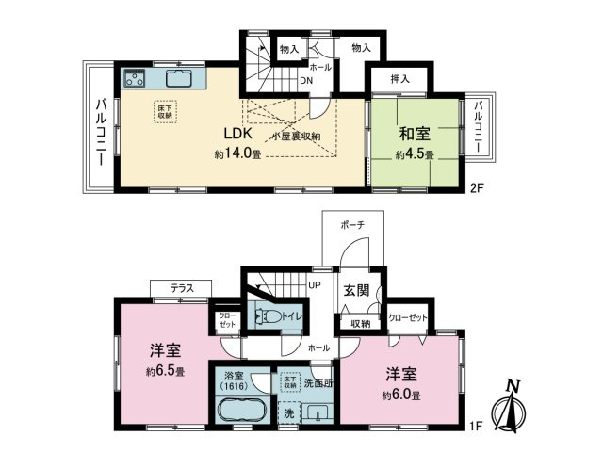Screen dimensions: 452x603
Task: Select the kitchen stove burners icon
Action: pyautogui.click(x=135, y=79)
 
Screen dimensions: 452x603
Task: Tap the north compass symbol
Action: pyautogui.click(x=513, y=405)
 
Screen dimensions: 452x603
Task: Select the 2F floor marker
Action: pyautogui.click(x=479, y=187)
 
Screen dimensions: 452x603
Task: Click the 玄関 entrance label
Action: pyautogui.click(x=356, y=291)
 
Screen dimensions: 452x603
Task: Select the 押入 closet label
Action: pyautogui.click(x=399, y=80)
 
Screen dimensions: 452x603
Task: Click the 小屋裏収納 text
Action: pyautogui.click(x=297, y=137)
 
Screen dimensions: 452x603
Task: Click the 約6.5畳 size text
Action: pyautogui.click(x=165, y=371)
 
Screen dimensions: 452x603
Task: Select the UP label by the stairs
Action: pyautogui.click(x=315, y=284)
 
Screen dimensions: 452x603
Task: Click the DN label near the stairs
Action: pyautogui.click(x=306, y=80)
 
